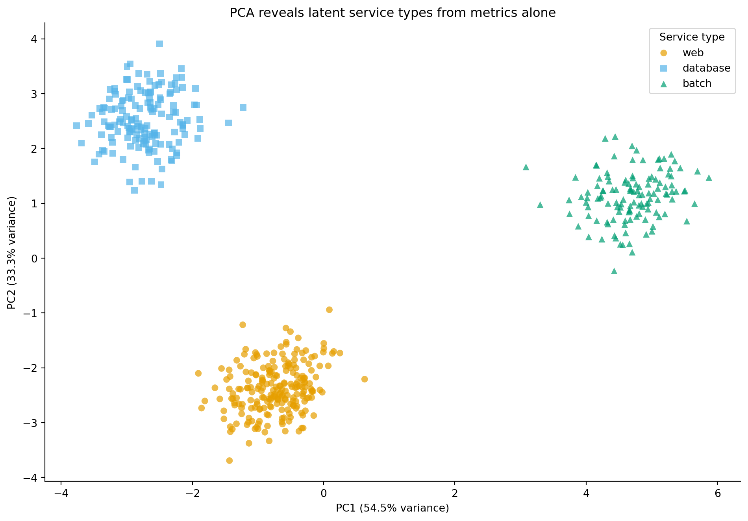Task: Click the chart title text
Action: [393, 13]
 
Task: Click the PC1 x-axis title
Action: [392, 508]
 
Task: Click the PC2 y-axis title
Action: [12, 253]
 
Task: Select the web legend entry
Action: [693, 53]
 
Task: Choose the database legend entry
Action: [706, 68]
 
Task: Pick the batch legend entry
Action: [697, 83]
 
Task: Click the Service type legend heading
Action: [692, 37]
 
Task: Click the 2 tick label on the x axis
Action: [455, 493]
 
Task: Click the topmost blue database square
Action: [159, 44]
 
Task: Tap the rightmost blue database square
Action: [243, 107]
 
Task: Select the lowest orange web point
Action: [230, 460]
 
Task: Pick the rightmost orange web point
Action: [365, 379]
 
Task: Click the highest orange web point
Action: [329, 310]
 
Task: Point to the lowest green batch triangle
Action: [614, 271]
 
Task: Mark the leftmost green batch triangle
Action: [526, 167]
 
